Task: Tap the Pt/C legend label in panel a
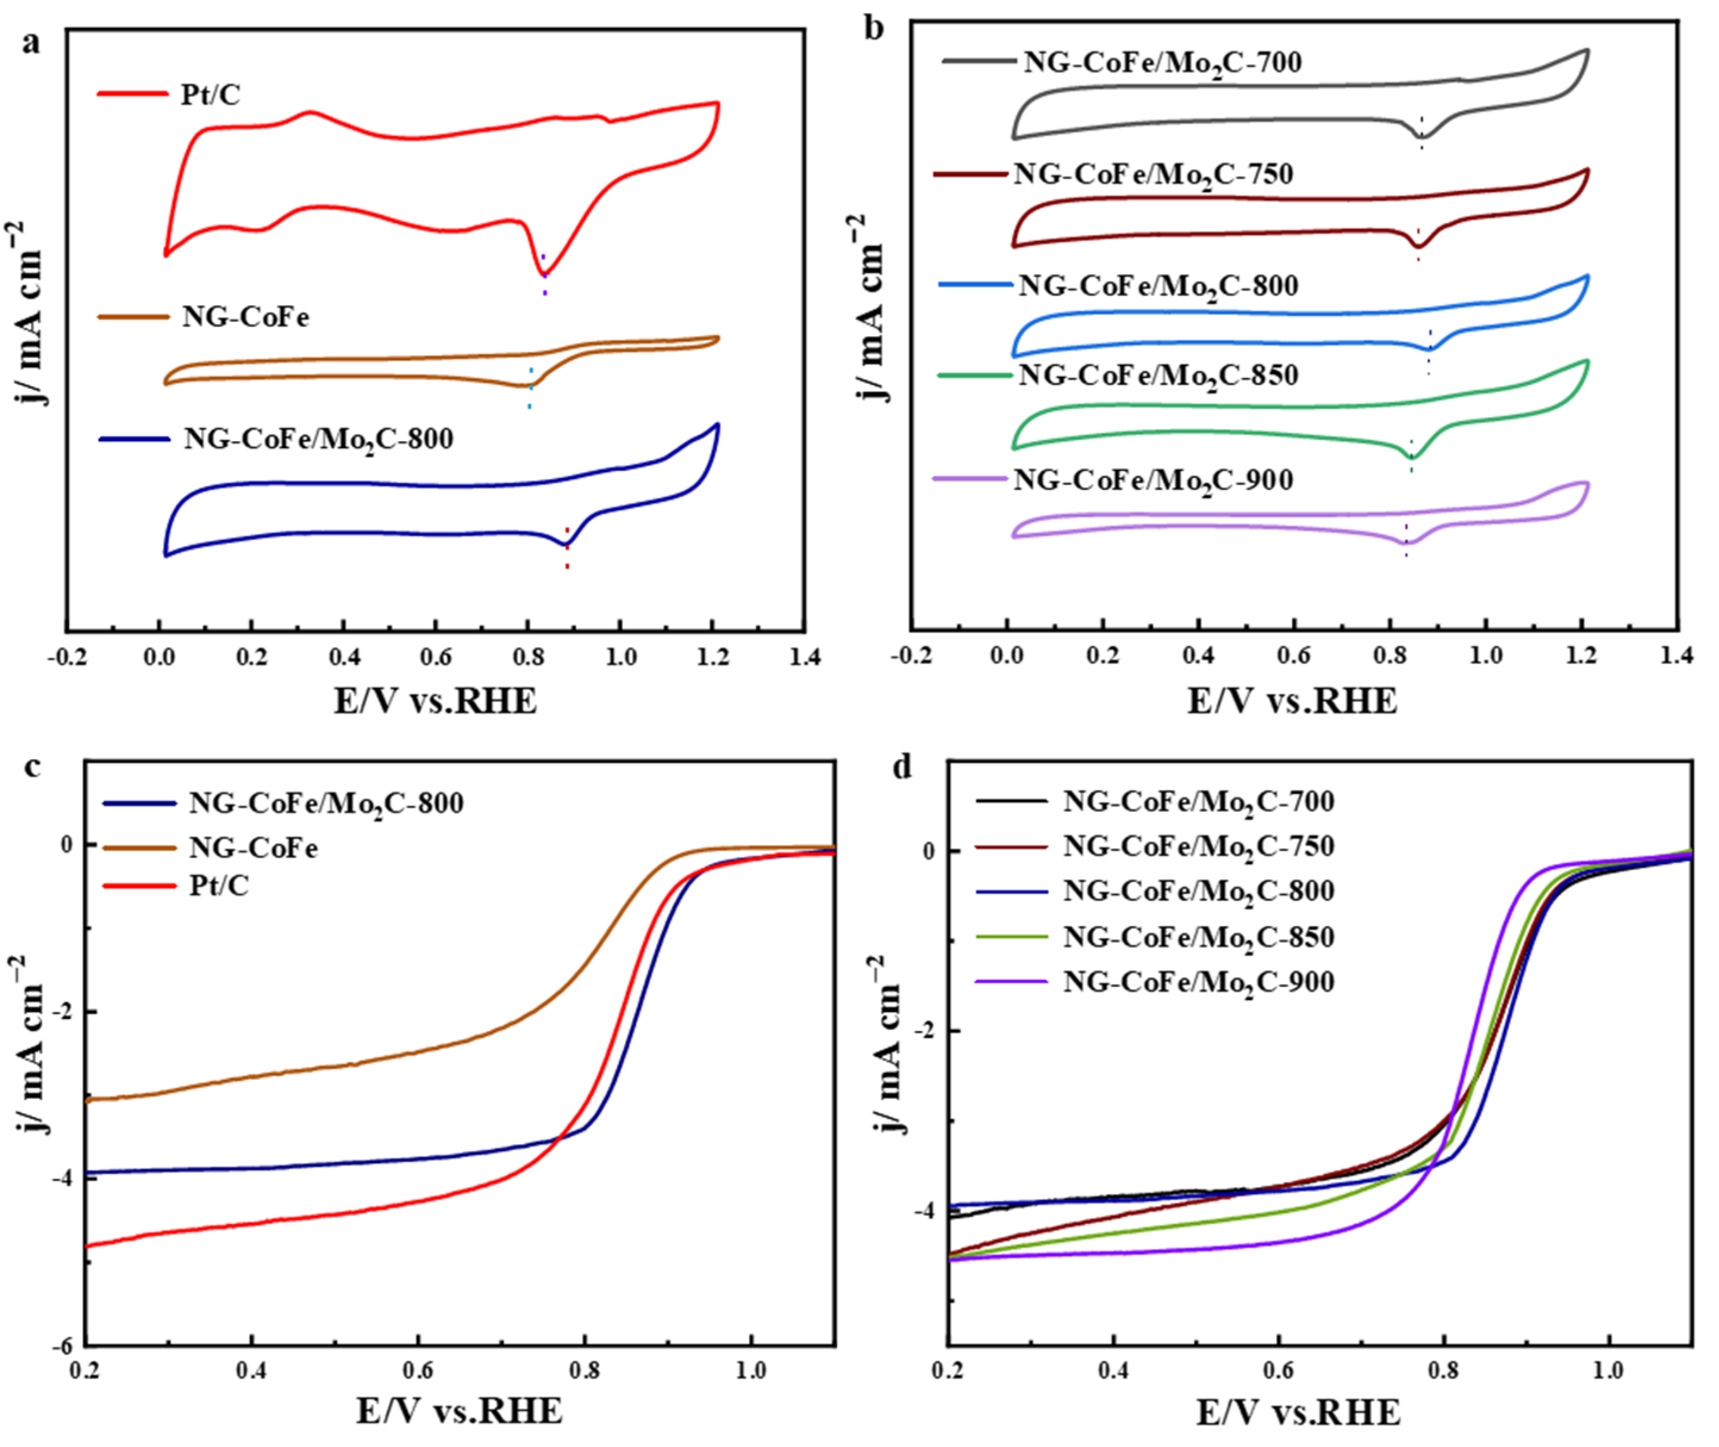point(211,95)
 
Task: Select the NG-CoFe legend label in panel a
point(245,317)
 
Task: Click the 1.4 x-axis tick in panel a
point(804,658)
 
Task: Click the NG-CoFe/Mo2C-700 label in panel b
point(1162,64)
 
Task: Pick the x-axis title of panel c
point(460,1412)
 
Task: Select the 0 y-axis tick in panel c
point(67,844)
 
